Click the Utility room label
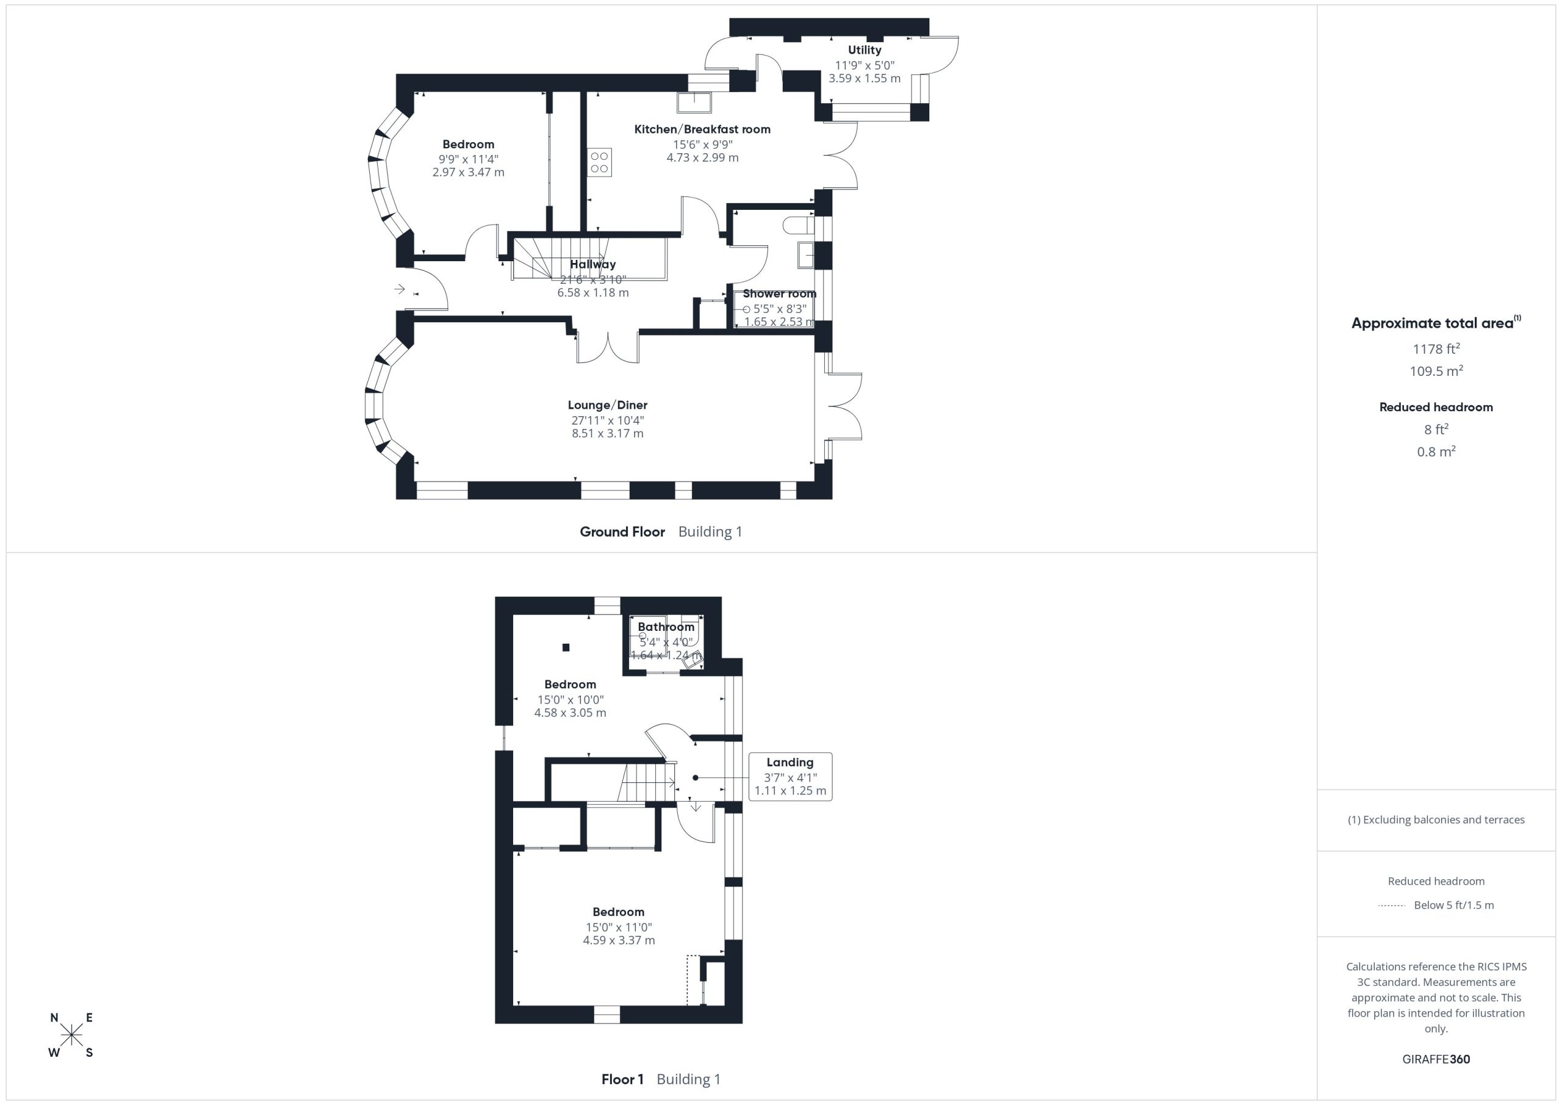(864, 49)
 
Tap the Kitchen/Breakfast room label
(702, 129)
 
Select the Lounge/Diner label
(608, 406)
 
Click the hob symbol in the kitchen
(599, 162)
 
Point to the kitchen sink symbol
(694, 102)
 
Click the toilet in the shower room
(798, 225)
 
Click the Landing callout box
(790, 776)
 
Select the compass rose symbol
(71, 1035)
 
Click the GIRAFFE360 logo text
(1436, 1059)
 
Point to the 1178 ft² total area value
(1436, 348)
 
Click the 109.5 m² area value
(1436, 371)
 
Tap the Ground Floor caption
(622, 532)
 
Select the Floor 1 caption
(622, 1079)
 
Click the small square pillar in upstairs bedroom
(566, 648)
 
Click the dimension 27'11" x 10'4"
(608, 420)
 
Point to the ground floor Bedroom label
(468, 144)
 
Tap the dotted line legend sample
(1391, 905)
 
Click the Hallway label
(592, 264)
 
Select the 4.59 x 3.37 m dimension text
(619, 940)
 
